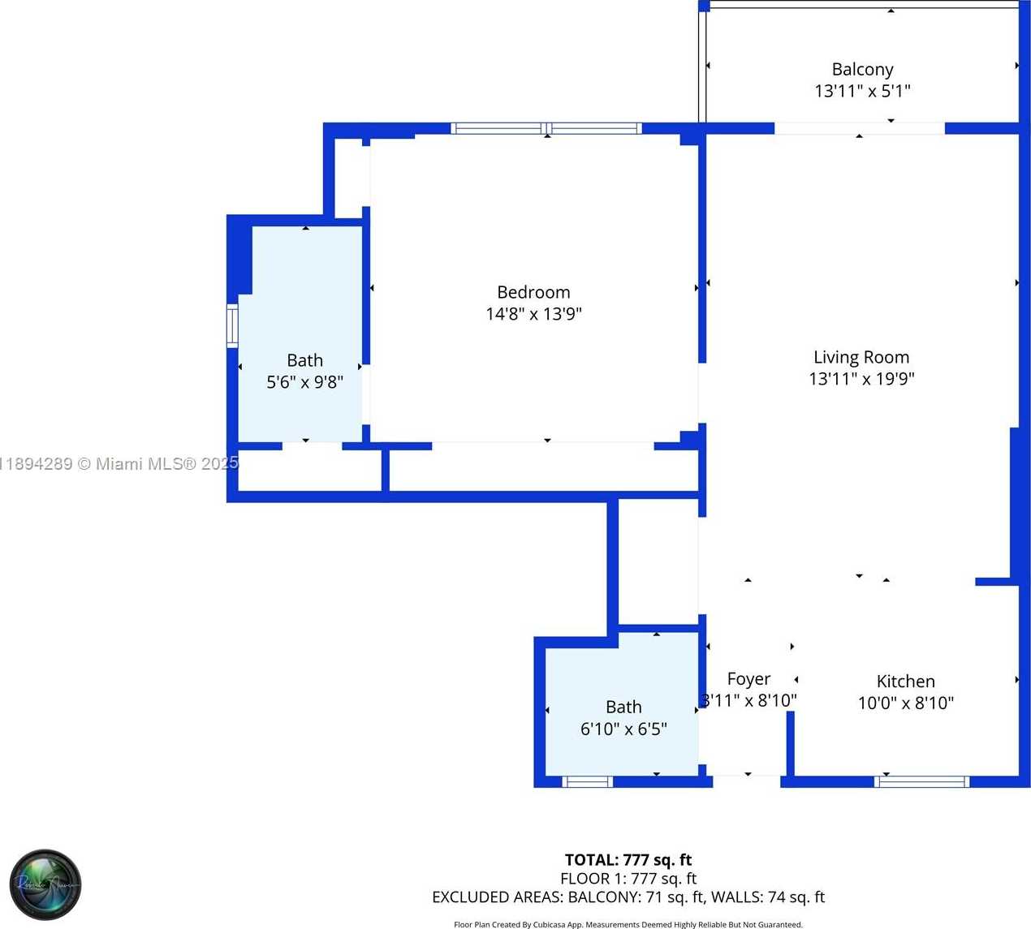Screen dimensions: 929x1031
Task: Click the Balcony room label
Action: pyautogui.click(x=862, y=70)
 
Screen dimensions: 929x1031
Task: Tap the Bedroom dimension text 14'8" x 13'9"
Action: pyautogui.click(x=533, y=314)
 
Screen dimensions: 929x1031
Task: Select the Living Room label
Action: pyautogui.click(x=861, y=357)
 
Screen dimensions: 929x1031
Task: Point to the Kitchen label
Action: pyautogui.click(x=905, y=682)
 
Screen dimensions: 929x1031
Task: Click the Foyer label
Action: pyautogui.click(x=748, y=679)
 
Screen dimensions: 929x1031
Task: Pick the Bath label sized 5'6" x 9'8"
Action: pyautogui.click(x=304, y=360)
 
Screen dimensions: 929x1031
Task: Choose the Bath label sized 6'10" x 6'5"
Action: pyautogui.click(x=623, y=708)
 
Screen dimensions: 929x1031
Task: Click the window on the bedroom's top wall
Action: pyautogui.click(x=546, y=128)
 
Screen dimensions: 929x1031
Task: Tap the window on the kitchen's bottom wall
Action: pyautogui.click(x=921, y=782)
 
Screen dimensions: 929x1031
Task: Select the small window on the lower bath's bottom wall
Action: pyautogui.click(x=587, y=782)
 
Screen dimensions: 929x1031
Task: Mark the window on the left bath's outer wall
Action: pyautogui.click(x=232, y=325)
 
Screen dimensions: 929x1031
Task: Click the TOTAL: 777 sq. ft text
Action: pyautogui.click(x=628, y=860)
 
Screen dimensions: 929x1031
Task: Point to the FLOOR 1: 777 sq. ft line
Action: pyautogui.click(x=628, y=879)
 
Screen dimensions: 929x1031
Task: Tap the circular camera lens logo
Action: pyautogui.click(x=45, y=884)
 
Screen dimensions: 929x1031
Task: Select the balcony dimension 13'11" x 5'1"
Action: pyautogui.click(x=862, y=92)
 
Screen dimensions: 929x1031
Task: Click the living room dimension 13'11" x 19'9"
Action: pyautogui.click(x=861, y=379)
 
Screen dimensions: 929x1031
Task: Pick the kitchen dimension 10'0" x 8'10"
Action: pyautogui.click(x=905, y=703)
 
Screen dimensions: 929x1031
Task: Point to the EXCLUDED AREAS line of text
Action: pyautogui.click(x=628, y=897)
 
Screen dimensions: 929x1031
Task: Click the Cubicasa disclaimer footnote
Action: pyautogui.click(x=628, y=924)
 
